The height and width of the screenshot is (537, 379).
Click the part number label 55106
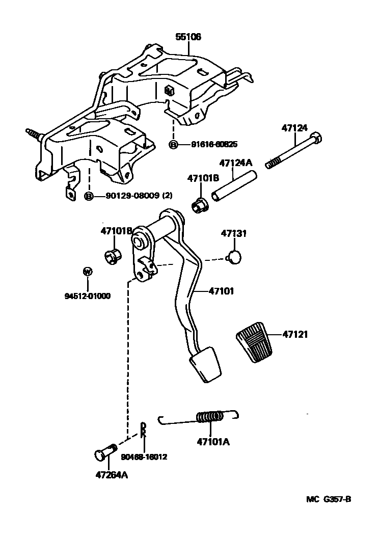coord(188,37)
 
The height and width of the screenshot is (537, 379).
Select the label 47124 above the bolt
coord(294,128)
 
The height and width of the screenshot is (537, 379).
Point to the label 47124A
coord(236,163)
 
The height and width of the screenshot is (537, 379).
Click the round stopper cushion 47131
coord(234,257)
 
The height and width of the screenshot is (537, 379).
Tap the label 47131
coord(233,233)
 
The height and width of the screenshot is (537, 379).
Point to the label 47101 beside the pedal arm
coord(221,291)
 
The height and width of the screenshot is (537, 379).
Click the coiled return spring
coord(210,417)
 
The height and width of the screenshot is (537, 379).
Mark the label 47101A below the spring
coord(212,442)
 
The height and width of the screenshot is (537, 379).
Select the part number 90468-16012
coord(144,457)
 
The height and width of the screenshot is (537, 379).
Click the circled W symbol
coord(88,272)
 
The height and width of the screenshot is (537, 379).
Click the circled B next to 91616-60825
coord(173,145)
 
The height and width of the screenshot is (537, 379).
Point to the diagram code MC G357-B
coord(329,499)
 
